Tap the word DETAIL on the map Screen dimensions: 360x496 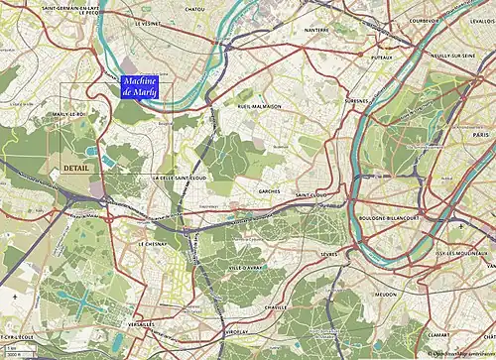pyautogui.click(x=77, y=168)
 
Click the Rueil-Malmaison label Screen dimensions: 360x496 pyautogui.click(x=260, y=106)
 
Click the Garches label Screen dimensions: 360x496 pyautogui.click(x=269, y=190)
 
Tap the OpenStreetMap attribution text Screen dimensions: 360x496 pyautogui.click(x=460, y=354)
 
